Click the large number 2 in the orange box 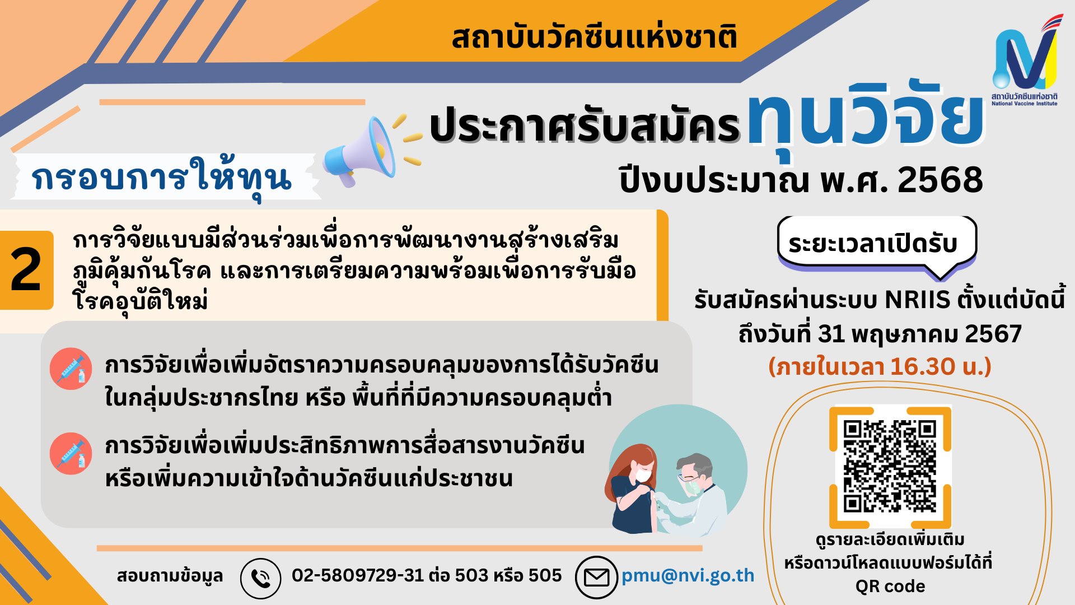pos(26,270)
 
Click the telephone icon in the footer pos(260,578)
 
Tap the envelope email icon pos(596,577)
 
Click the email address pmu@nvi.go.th pos(688,575)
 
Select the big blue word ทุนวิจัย pos(865,118)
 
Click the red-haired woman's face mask pos(644,475)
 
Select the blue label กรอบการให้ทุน pos(162,178)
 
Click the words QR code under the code pos(890,587)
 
